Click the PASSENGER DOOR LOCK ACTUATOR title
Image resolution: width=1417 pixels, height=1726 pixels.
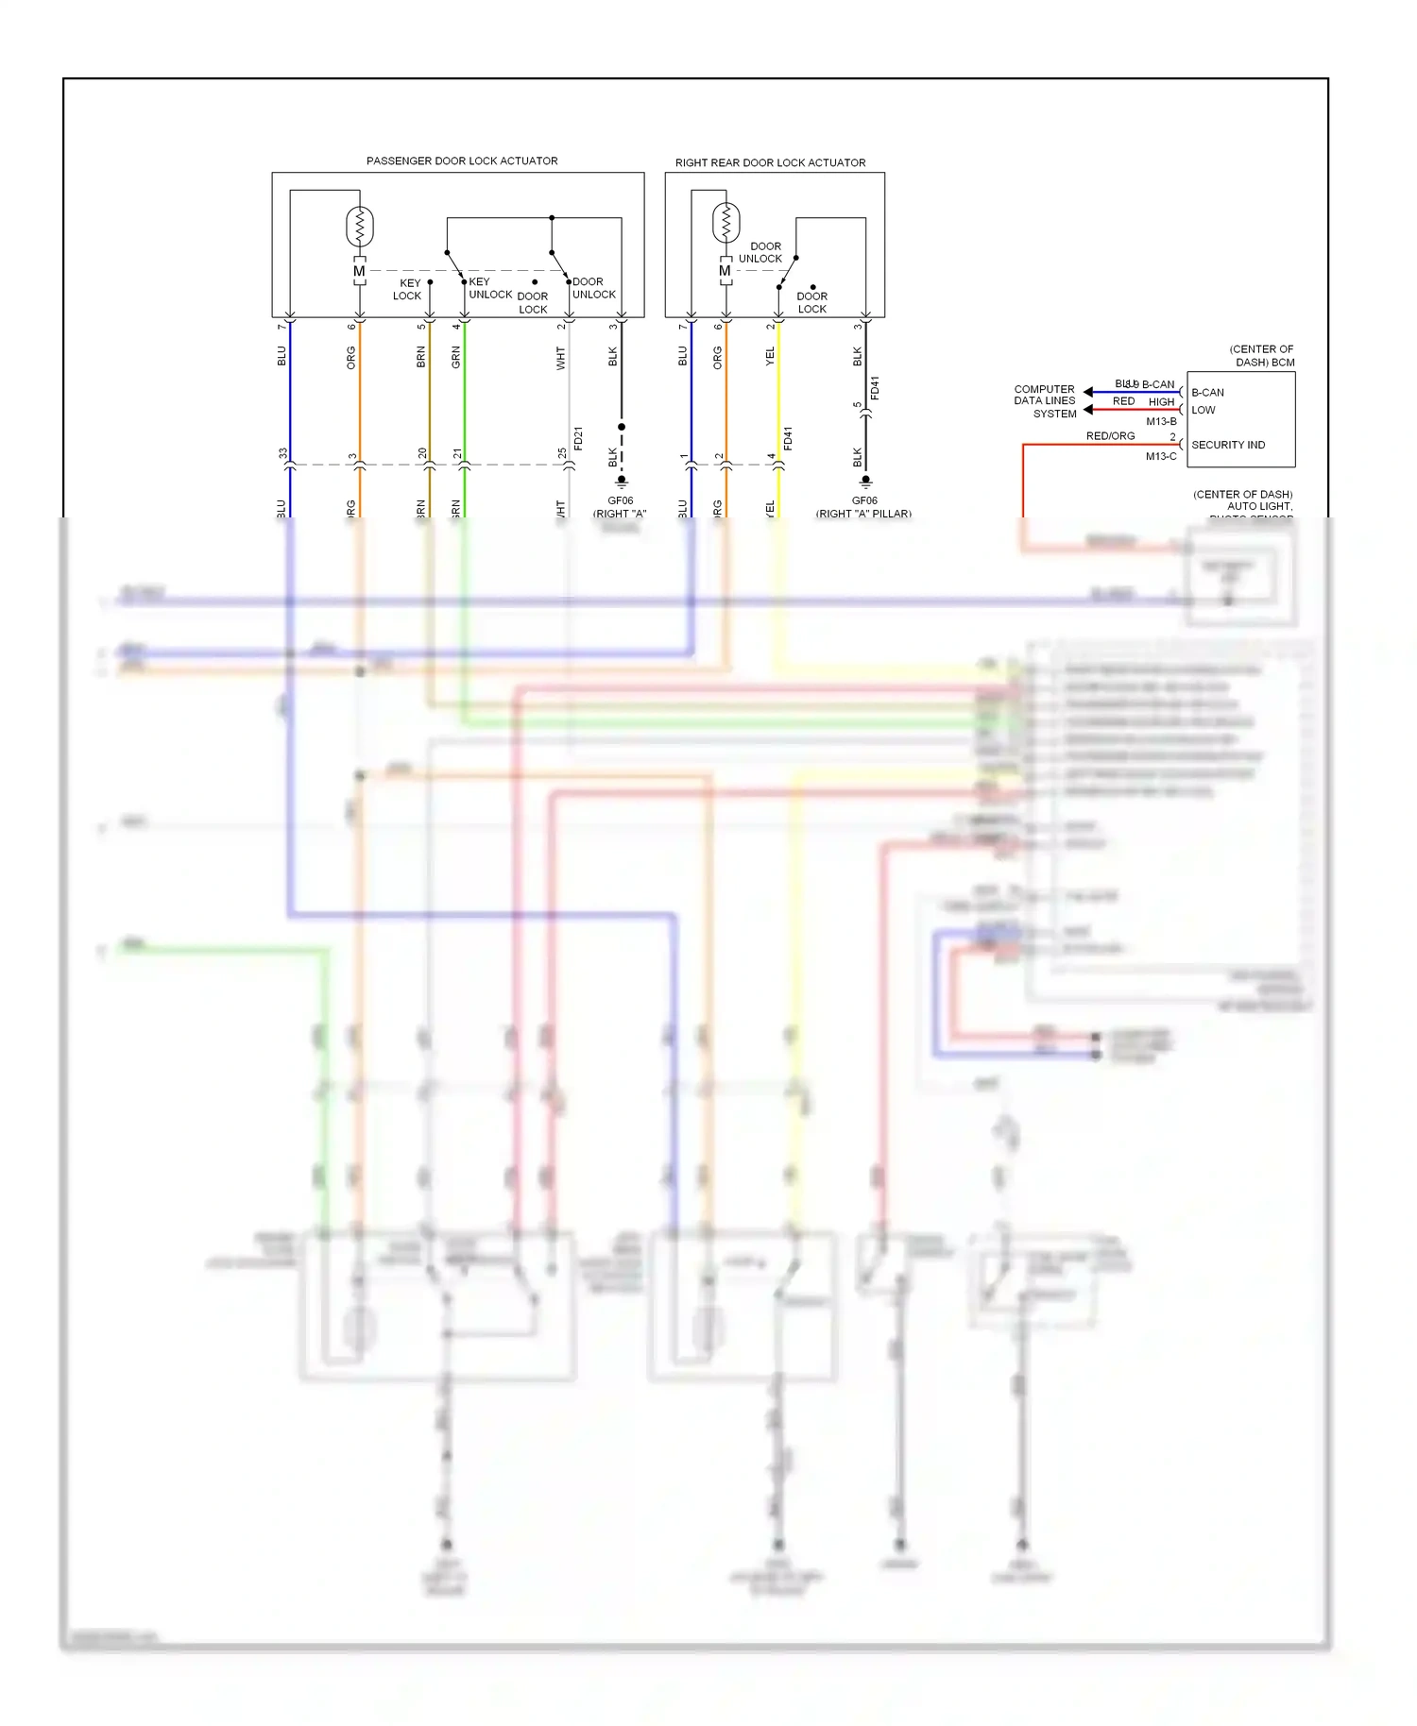click(x=462, y=161)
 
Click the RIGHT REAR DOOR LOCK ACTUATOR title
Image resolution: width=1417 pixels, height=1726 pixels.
click(x=770, y=162)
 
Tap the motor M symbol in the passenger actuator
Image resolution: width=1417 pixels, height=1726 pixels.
click(x=359, y=271)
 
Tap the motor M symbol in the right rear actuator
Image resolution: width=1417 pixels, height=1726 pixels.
click(x=725, y=270)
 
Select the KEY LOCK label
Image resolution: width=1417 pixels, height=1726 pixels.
click(x=408, y=289)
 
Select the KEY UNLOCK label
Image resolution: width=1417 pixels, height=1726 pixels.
click(x=489, y=288)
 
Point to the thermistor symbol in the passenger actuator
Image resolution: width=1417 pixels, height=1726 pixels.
click(x=359, y=227)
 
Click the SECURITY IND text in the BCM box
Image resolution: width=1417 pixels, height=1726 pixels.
click(x=1228, y=445)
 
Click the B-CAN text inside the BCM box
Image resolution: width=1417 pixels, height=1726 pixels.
click(x=1207, y=393)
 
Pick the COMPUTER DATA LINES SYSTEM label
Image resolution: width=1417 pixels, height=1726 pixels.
click(x=1045, y=401)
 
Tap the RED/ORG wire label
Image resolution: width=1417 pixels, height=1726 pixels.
click(x=1110, y=436)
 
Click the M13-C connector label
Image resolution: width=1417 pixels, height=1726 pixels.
click(x=1161, y=456)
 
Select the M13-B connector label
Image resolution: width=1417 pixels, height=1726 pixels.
click(x=1161, y=421)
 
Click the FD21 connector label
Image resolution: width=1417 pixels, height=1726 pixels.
click(x=578, y=438)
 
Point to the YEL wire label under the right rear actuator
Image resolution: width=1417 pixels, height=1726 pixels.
click(x=770, y=356)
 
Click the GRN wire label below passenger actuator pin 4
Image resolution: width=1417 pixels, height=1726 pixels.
click(x=456, y=357)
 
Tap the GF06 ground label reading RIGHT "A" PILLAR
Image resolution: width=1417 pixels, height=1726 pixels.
click(x=863, y=507)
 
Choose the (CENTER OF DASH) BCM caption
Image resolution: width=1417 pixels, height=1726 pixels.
click(x=1261, y=355)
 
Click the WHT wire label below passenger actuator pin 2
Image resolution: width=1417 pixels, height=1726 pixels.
click(x=560, y=358)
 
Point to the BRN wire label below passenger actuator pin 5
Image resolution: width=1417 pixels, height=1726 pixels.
click(x=421, y=357)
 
